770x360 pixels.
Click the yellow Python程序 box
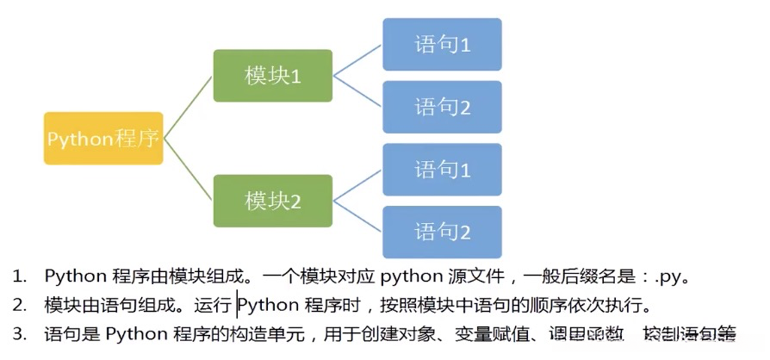click(x=103, y=138)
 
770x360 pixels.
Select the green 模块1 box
click(x=272, y=76)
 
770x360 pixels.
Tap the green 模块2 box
click(x=272, y=201)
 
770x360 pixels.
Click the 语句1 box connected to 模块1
click(x=442, y=44)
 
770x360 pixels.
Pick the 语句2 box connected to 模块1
click(x=442, y=107)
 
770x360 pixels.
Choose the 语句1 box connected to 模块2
click(x=442, y=170)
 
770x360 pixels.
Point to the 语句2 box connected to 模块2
click(x=442, y=232)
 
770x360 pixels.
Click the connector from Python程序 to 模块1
click(x=188, y=107)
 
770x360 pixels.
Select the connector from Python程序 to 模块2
click(x=188, y=170)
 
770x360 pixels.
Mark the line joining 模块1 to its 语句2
click(x=357, y=91)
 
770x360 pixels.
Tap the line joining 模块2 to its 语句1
click(x=357, y=185)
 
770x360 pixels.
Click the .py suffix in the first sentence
click(x=668, y=277)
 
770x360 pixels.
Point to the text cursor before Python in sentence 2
click(x=237, y=305)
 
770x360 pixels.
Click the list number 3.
click(x=18, y=334)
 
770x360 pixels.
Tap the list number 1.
click(x=18, y=277)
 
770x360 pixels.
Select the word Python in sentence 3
click(x=134, y=334)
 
